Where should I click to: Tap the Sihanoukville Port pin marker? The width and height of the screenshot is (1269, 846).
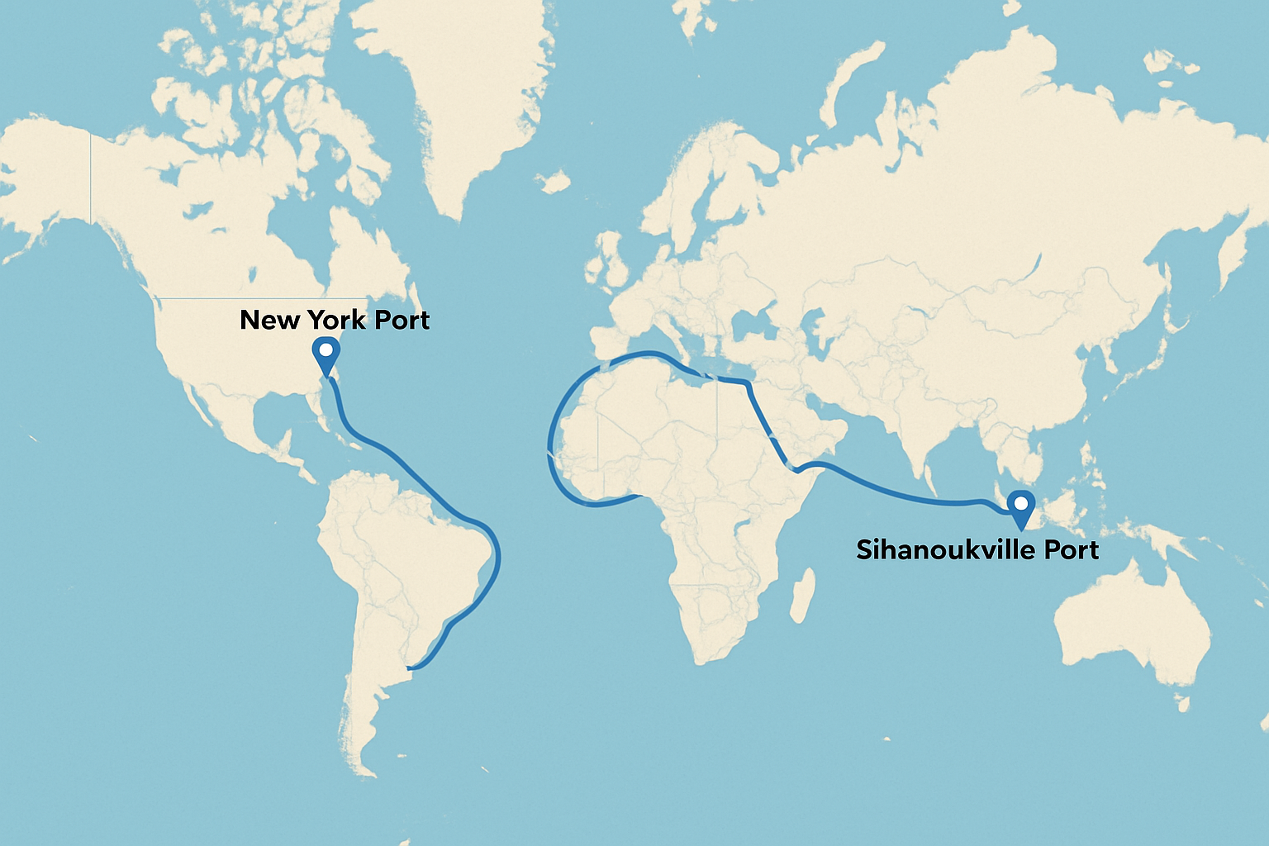[x=1022, y=505]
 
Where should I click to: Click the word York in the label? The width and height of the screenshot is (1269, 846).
[x=337, y=320]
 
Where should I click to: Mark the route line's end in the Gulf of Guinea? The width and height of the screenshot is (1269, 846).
[x=639, y=496]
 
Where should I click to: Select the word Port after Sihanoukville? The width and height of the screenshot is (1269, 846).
[x=1070, y=549]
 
